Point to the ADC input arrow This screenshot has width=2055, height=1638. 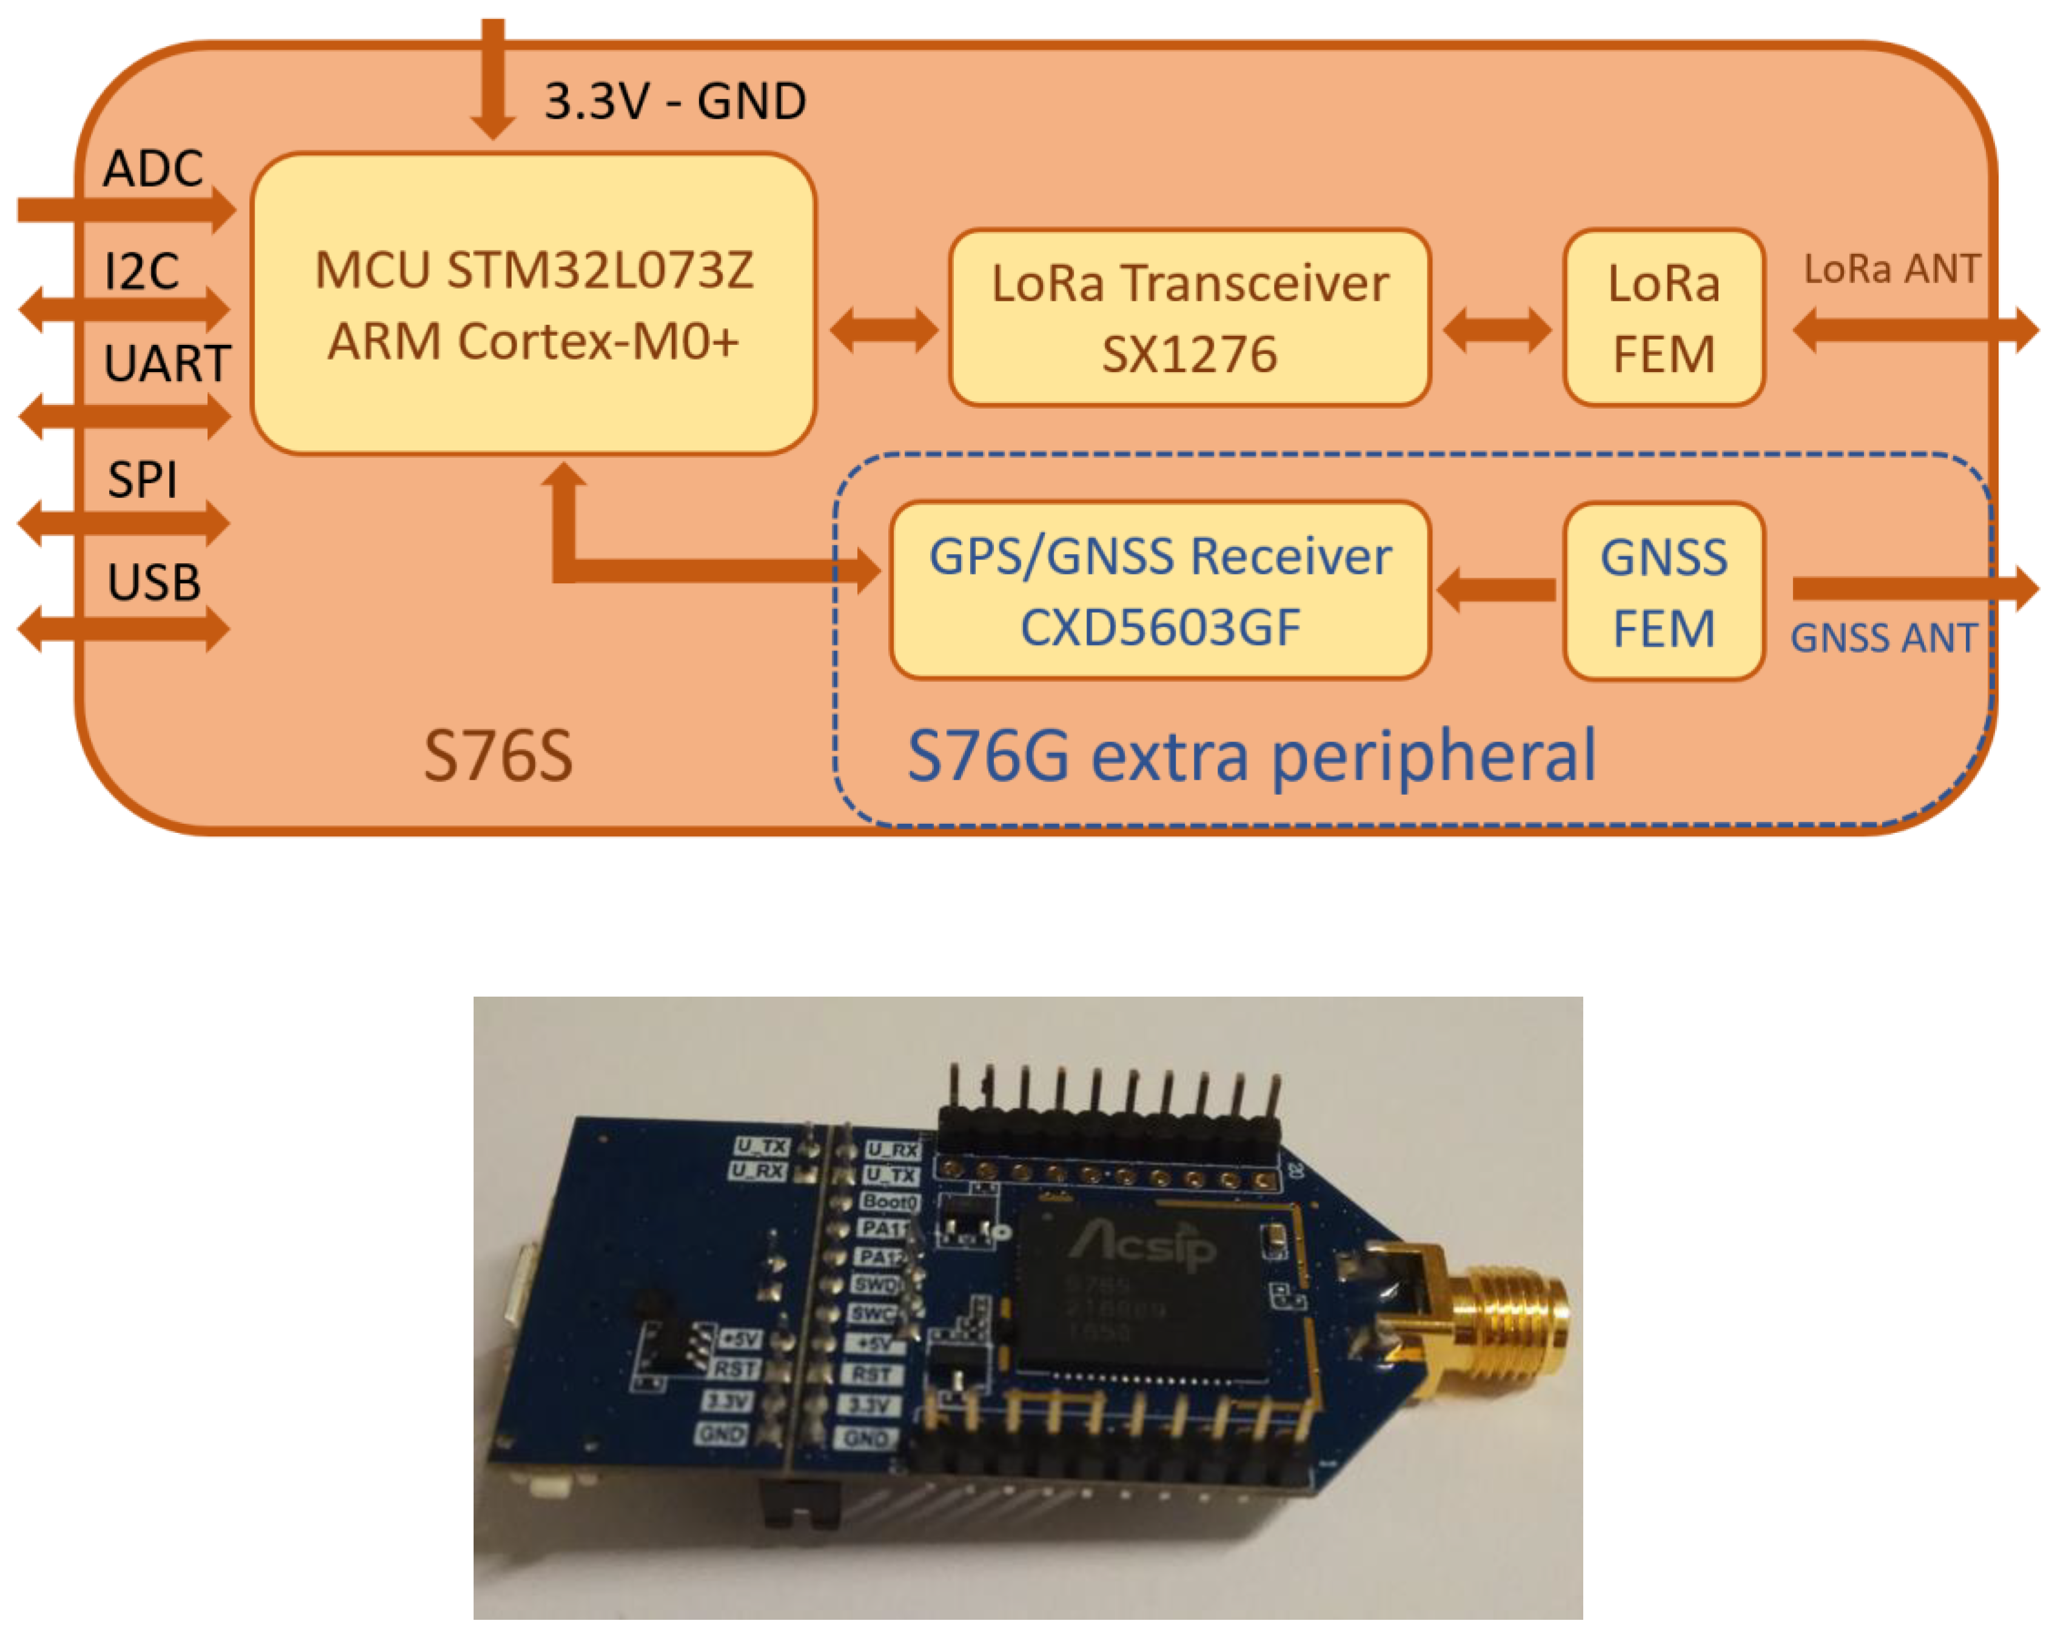[124, 210]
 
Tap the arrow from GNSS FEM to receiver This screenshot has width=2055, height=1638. [1497, 590]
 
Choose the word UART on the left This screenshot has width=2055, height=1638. [167, 363]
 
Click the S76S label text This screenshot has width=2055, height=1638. [498, 755]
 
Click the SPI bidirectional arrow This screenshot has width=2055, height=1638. [124, 522]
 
